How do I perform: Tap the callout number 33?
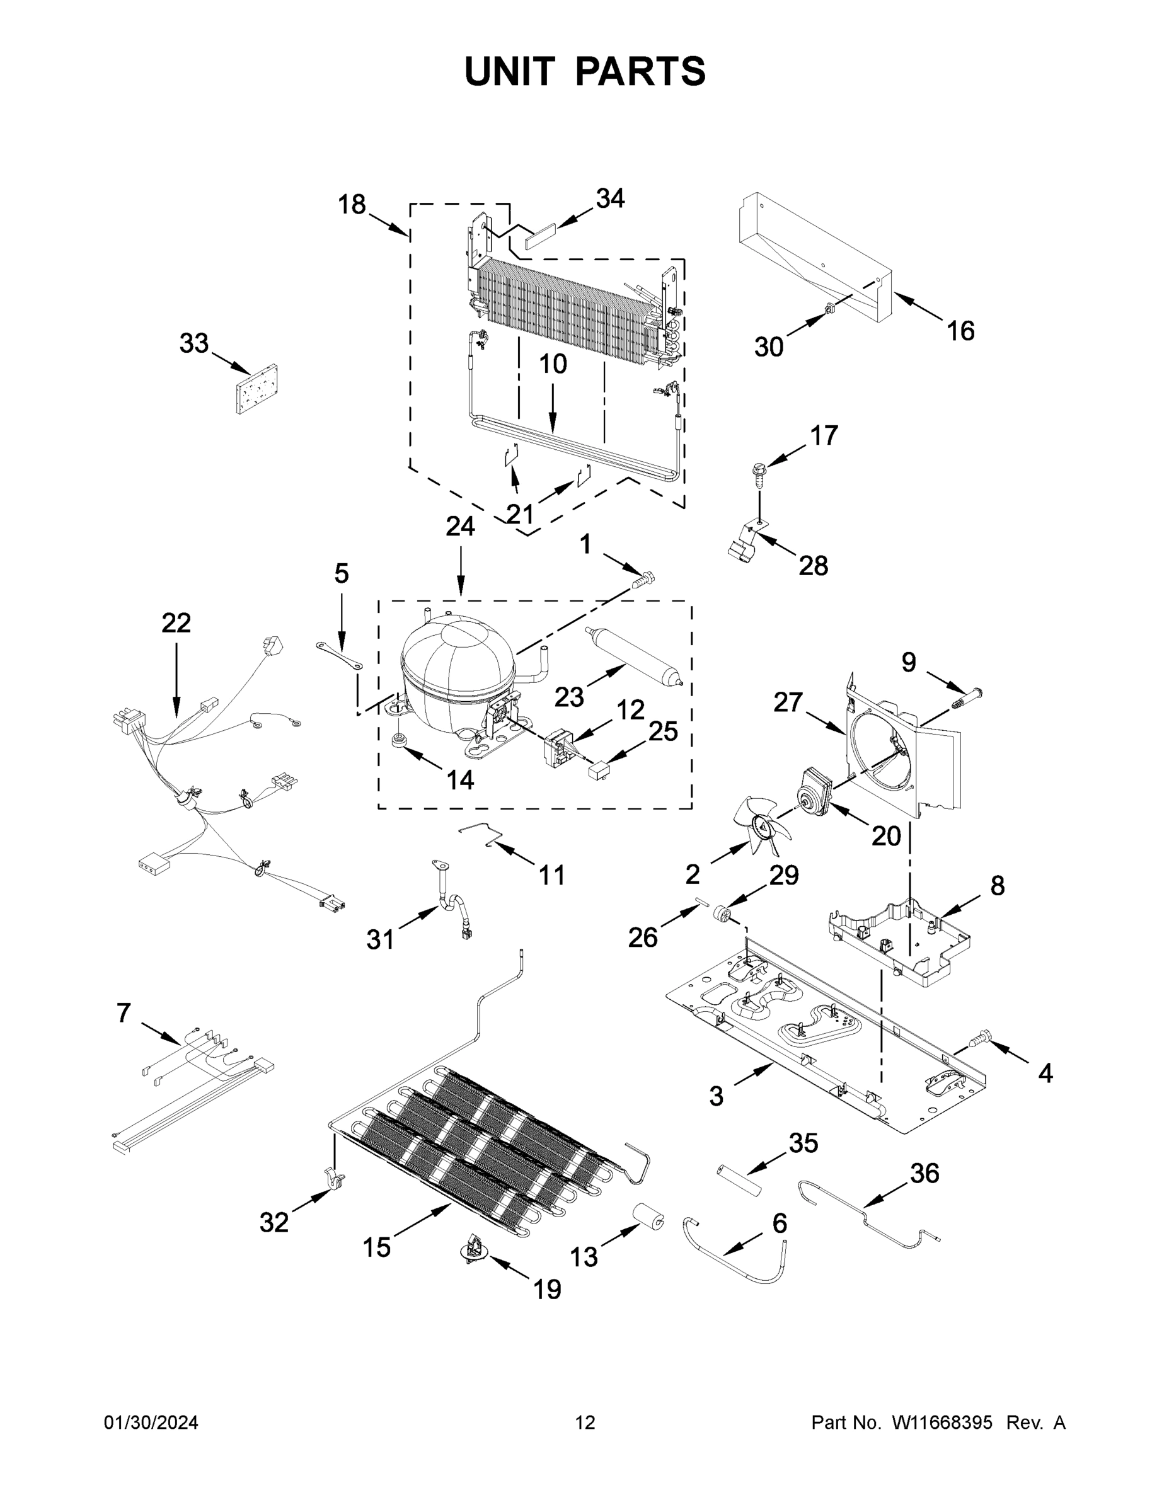click(x=194, y=343)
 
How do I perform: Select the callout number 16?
click(x=960, y=331)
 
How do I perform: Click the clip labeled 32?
click(x=335, y=1177)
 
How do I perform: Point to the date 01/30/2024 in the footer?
click(x=151, y=1423)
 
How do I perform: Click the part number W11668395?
click(x=942, y=1423)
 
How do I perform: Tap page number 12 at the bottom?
click(x=585, y=1423)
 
